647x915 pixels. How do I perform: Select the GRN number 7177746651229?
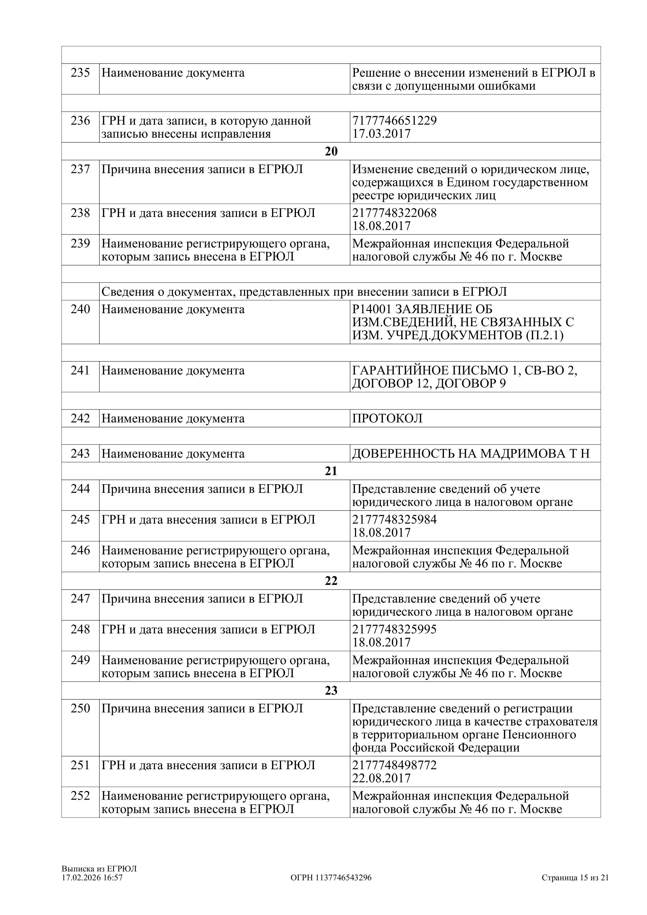394,120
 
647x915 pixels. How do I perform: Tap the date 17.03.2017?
381,134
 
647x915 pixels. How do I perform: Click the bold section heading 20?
331,152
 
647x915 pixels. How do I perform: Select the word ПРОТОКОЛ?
387,419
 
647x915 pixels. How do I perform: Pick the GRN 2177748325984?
394,520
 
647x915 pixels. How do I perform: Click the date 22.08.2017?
381,778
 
